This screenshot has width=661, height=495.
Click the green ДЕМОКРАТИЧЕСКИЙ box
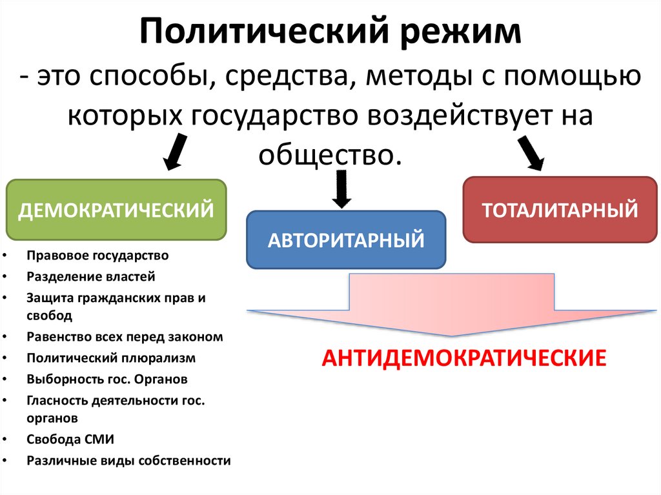click(x=116, y=210)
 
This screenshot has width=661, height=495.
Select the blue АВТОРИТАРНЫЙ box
click(x=346, y=240)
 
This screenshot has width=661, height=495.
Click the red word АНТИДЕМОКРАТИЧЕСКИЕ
click(x=464, y=358)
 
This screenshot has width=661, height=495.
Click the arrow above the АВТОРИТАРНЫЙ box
click(x=340, y=188)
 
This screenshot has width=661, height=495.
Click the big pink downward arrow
click(x=452, y=303)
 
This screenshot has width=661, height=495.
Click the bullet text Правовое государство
click(x=97, y=256)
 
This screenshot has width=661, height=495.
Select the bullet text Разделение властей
click(x=91, y=277)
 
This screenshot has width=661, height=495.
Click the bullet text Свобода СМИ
click(x=70, y=439)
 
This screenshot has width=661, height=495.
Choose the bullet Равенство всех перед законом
click(x=125, y=336)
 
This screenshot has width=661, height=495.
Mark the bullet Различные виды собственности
click(x=128, y=461)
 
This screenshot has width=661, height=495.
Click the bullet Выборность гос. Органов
click(x=107, y=379)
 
